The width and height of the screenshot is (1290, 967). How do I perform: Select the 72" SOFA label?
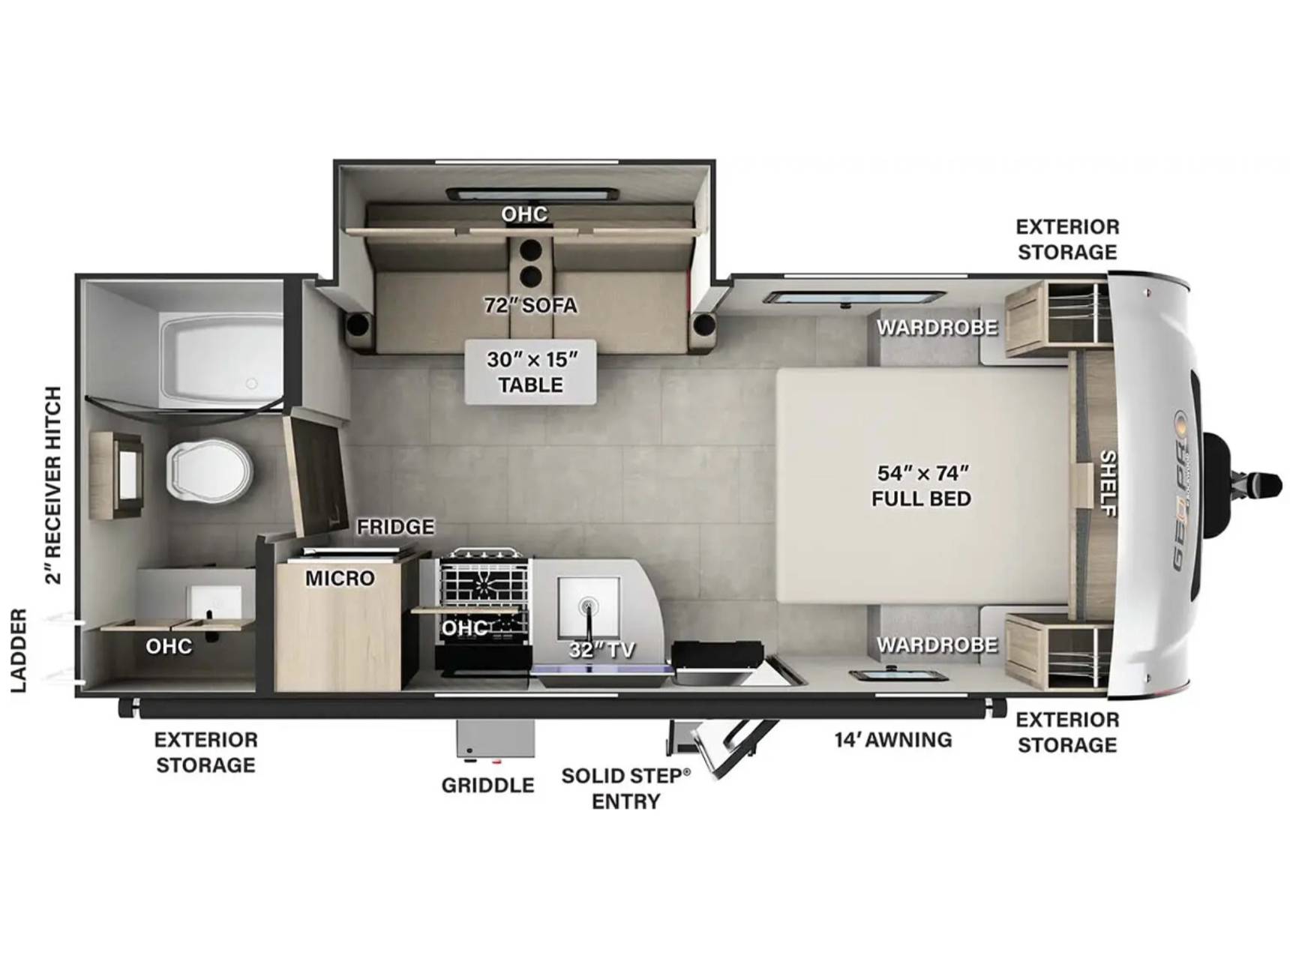(x=530, y=306)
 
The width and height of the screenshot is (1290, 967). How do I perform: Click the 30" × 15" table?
(x=530, y=372)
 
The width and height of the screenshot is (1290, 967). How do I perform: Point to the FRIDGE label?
(x=395, y=527)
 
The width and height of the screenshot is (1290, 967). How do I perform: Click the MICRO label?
(x=340, y=578)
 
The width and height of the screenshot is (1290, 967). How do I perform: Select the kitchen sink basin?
(x=588, y=608)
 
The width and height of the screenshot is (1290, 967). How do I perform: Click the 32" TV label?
(x=601, y=650)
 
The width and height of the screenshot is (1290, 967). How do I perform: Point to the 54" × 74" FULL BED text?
(x=922, y=486)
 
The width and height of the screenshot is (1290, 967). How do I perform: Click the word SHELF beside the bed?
(x=1108, y=483)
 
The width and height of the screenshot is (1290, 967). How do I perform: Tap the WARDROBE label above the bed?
(x=937, y=328)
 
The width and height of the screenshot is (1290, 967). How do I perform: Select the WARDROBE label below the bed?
(x=937, y=645)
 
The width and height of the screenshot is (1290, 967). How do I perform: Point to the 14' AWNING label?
(x=893, y=740)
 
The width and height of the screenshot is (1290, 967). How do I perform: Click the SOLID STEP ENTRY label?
(x=625, y=788)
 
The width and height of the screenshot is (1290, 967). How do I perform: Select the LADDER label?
(x=19, y=650)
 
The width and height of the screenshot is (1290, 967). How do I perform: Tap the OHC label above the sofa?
(x=524, y=214)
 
